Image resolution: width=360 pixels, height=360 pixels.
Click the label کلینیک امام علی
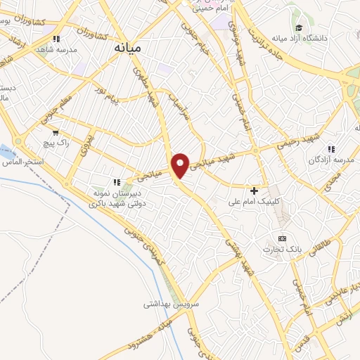(255, 201)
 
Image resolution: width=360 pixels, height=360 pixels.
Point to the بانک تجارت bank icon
(283, 238)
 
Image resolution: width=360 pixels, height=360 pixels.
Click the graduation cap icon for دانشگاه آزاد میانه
(300, 28)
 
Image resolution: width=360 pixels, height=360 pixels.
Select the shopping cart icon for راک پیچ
(56, 131)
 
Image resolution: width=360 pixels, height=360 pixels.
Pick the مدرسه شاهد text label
(58, 50)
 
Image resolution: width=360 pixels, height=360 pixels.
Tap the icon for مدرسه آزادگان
(331, 148)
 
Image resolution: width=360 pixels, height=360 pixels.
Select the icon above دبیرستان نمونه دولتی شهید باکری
(117, 181)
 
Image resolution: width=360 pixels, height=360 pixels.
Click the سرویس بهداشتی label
(172, 304)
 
